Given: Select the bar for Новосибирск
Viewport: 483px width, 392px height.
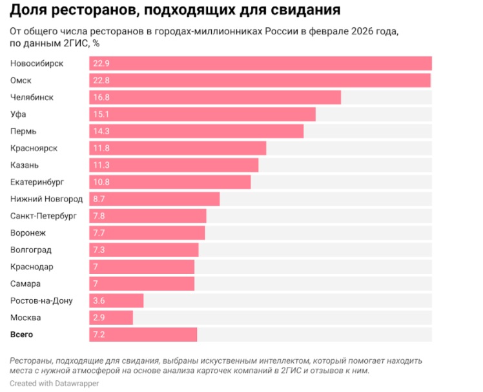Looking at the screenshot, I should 260,63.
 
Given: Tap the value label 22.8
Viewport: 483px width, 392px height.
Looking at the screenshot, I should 101,80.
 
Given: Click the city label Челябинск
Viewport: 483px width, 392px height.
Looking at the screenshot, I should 32,97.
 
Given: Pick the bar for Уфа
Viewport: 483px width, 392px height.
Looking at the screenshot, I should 202,114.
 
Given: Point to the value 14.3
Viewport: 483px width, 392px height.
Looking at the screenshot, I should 101,131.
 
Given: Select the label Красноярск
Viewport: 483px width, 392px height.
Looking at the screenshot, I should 34,148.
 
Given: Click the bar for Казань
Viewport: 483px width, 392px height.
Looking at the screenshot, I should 174,165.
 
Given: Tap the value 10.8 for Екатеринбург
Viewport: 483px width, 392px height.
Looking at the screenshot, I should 101,182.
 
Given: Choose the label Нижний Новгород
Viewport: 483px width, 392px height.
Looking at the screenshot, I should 46,199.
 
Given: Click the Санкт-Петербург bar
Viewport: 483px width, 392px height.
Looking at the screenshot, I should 147,216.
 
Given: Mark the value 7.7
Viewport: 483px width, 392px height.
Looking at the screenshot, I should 99,232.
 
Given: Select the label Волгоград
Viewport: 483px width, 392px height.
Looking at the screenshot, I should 31,250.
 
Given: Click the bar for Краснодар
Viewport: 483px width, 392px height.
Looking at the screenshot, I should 141,267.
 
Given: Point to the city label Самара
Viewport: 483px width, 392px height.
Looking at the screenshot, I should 26,284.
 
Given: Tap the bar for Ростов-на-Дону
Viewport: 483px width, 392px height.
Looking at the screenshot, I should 116,300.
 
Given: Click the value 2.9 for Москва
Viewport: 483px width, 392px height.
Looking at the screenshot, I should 99,318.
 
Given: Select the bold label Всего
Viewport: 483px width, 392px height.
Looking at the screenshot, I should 22,335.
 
